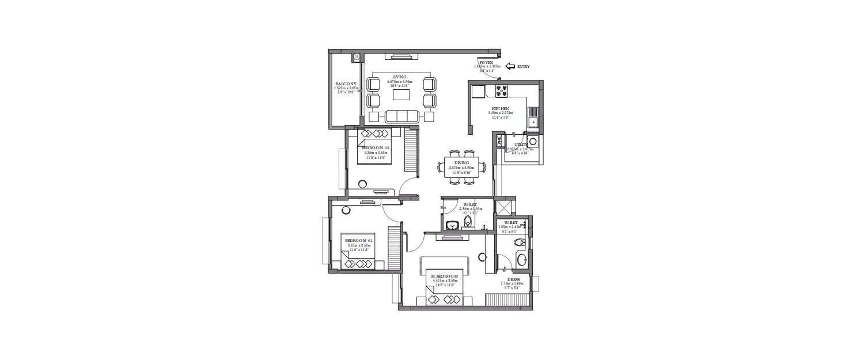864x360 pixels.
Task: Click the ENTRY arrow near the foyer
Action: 510,67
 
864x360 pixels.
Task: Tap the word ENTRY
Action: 523,67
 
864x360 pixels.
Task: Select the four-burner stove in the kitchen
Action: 502,90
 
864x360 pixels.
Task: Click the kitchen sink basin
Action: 533,122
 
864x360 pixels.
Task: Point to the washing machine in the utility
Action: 533,141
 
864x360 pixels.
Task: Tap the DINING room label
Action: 461,163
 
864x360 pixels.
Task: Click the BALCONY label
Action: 346,84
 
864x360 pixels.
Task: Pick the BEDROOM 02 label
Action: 375,148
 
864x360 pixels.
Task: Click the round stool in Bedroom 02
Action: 363,184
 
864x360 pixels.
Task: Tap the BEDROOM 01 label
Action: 359,240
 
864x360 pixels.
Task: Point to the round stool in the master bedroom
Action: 482,257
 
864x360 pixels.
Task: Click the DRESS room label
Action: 513,279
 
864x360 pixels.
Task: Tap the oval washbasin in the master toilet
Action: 521,260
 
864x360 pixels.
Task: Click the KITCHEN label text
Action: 499,108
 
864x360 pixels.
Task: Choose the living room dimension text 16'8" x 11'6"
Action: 399,86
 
